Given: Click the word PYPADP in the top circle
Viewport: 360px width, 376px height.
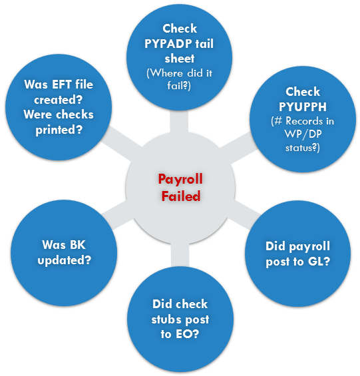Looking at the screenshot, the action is (x=168, y=44).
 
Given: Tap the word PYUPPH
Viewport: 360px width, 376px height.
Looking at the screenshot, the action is (x=303, y=106).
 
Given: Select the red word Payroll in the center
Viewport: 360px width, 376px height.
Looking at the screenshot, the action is (x=180, y=180).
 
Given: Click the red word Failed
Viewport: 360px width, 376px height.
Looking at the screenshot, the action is (x=181, y=196).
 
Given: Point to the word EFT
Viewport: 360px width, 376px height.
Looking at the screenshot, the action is (x=62, y=85).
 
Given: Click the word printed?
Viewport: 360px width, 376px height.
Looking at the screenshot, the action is (x=59, y=130).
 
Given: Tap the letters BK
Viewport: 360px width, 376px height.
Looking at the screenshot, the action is (x=77, y=245).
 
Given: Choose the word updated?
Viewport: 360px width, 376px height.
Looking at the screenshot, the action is (x=65, y=260).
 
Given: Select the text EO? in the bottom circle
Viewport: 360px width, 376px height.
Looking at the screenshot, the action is (x=187, y=334).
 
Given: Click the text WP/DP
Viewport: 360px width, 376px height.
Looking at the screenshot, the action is (x=303, y=134).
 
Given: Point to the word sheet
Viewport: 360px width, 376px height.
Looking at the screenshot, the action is (x=180, y=59).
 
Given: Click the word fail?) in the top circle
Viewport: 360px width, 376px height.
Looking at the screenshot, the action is (x=179, y=86).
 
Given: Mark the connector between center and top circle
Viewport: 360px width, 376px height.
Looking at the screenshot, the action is (x=179, y=122).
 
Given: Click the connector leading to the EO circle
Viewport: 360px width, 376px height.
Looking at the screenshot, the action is (x=180, y=255).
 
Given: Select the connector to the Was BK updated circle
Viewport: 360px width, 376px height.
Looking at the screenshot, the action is (x=118, y=214).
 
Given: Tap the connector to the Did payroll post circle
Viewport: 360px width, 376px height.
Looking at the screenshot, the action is (x=244, y=214).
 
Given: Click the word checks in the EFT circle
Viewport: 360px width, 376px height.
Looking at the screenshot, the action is (x=76, y=114).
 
